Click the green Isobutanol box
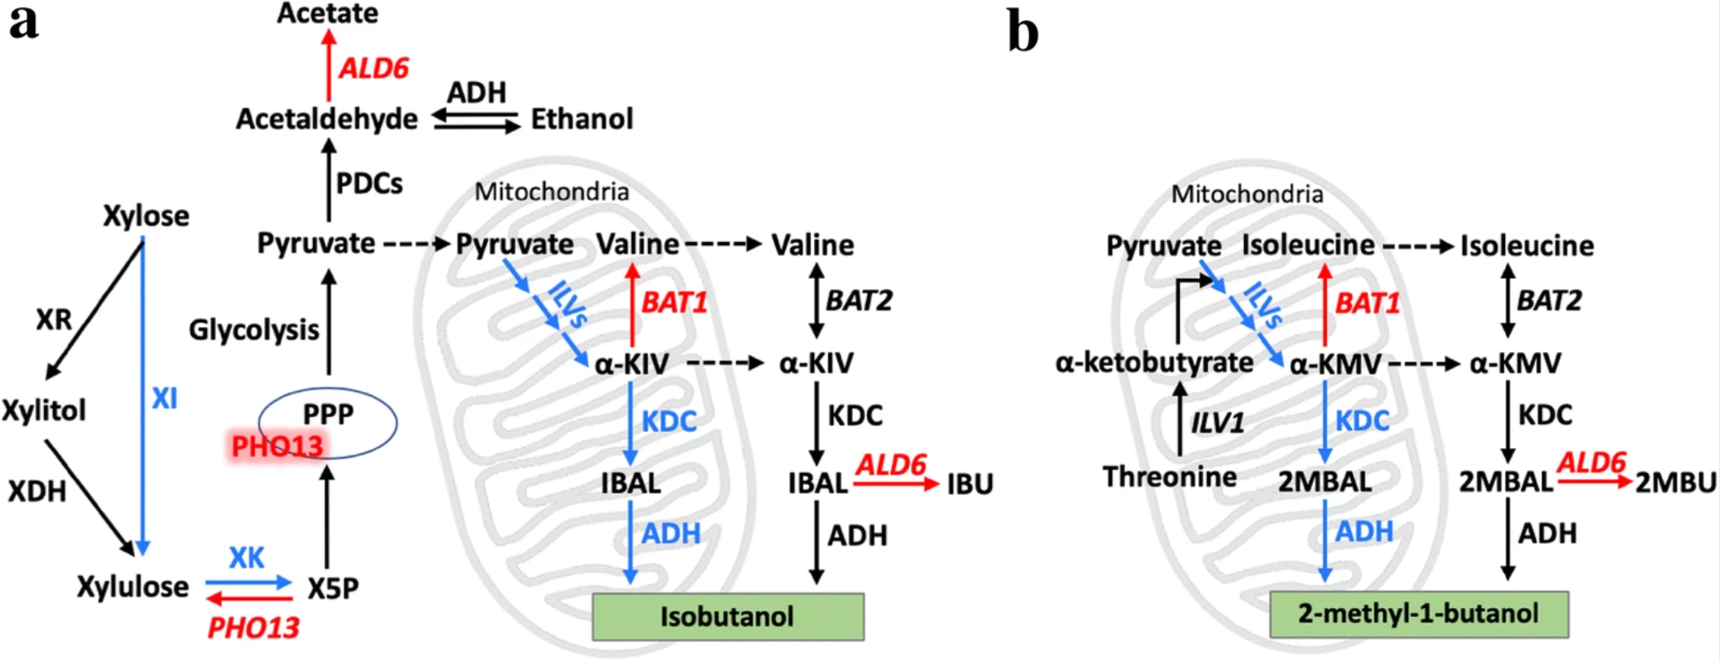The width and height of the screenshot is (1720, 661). pos(727,617)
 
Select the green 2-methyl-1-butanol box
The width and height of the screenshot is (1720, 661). pos(1418,614)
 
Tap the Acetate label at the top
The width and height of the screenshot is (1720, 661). pos(327,13)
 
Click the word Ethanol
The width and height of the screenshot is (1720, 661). pos(582,119)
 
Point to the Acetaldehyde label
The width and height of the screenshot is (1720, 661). pos(327,119)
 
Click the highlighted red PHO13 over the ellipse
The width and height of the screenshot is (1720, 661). pos(277,447)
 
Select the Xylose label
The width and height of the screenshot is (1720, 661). pos(146,215)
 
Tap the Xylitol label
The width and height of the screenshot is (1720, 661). pos(43,410)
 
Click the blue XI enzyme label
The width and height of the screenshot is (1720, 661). pos(165,398)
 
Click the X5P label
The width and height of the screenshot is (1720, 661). pos(333,589)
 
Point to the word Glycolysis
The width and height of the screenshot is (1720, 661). pos(254,329)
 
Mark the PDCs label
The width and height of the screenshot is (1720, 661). pos(369,184)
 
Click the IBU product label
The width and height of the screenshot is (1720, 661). pos(970,484)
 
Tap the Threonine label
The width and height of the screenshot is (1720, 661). pos(1169,477)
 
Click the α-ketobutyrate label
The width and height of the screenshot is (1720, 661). pos(1154,363)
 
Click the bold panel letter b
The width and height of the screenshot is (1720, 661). pos(1023,34)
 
